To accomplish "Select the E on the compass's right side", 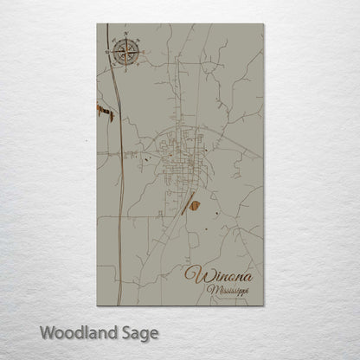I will pyautogui.click(x=143, y=53).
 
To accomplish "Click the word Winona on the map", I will pyautogui.click(x=219, y=275).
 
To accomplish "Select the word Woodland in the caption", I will pyautogui.click(x=74, y=331).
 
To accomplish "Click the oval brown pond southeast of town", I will pyautogui.click(x=196, y=205).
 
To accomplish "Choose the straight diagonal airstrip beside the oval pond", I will pyautogui.click(x=185, y=202).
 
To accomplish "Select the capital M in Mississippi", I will pyautogui.click(x=212, y=291).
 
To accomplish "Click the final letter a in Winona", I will pyautogui.click(x=248, y=276).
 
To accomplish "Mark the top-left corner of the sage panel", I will pyautogui.click(x=97, y=24).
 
